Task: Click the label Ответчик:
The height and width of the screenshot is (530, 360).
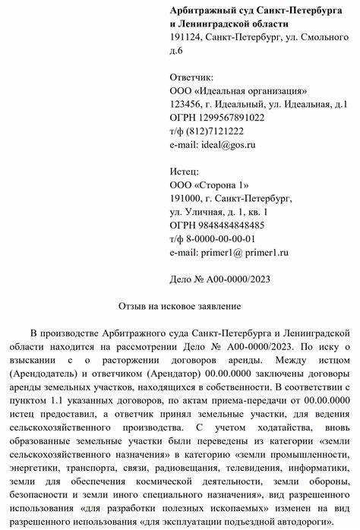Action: (x=192, y=77)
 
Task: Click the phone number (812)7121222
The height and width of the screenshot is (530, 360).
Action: (x=212, y=131)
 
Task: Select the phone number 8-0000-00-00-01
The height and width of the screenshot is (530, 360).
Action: (x=223, y=238)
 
